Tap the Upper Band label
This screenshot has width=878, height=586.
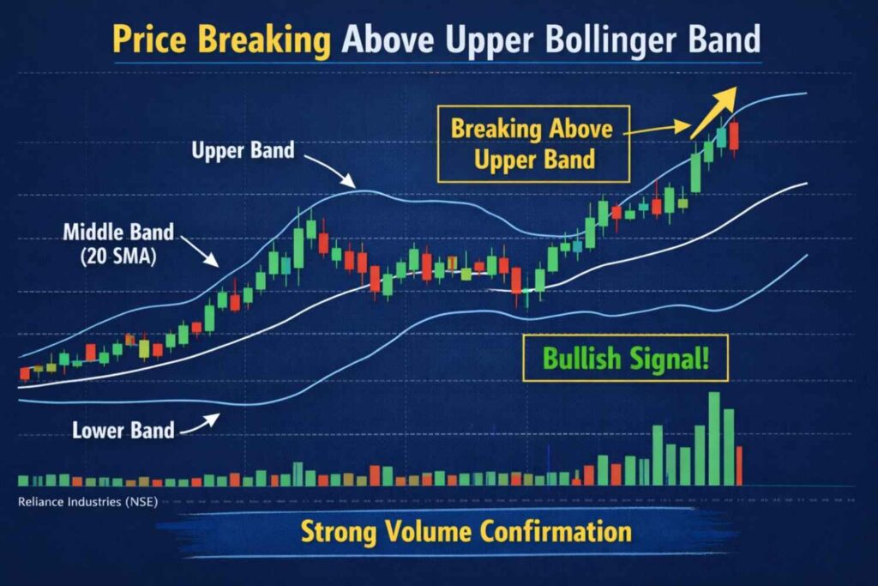click(243, 151)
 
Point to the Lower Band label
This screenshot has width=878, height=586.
click(124, 429)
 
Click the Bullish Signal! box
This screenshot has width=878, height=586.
click(626, 358)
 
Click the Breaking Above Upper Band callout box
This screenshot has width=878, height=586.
click(533, 143)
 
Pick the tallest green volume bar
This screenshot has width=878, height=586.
click(714, 438)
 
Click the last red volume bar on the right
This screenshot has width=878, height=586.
click(738, 465)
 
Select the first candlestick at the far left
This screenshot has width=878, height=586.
click(24, 372)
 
